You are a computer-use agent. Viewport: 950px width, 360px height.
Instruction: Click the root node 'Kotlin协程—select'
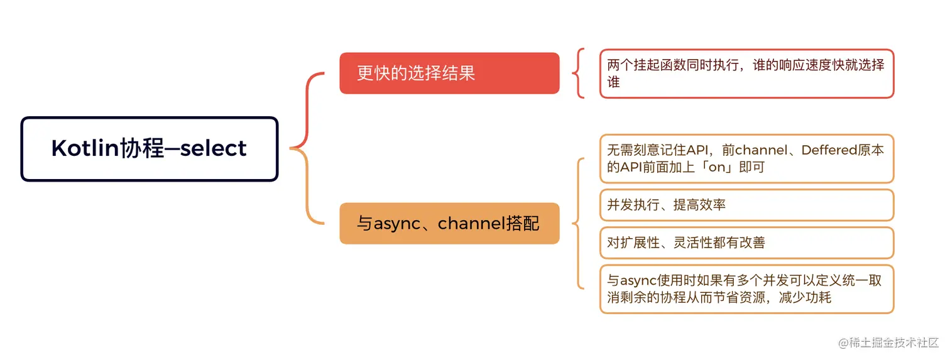coord(149,149)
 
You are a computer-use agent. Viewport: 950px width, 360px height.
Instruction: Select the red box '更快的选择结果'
coord(449,73)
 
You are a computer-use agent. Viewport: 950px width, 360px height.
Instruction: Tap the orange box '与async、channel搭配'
coord(449,223)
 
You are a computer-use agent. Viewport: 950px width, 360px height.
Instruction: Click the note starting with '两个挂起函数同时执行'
coord(746,74)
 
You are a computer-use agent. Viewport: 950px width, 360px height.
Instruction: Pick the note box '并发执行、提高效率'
coord(746,205)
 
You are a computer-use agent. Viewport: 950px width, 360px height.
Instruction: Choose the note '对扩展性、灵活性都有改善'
coord(746,243)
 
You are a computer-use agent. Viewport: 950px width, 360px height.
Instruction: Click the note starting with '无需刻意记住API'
coord(746,158)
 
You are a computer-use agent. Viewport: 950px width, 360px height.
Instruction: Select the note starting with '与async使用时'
coord(746,289)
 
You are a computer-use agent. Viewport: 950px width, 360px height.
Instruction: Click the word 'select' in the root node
coord(214,149)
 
